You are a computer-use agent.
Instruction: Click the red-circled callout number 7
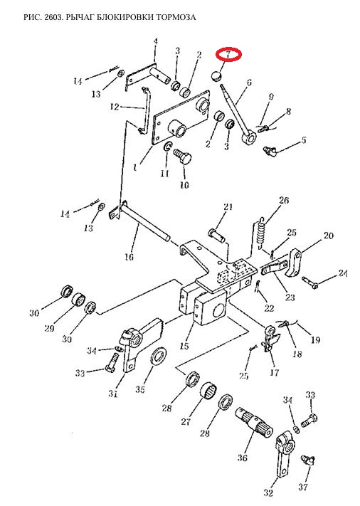point(228,54)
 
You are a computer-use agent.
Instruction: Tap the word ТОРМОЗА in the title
point(176,17)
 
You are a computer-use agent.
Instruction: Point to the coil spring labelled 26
point(261,233)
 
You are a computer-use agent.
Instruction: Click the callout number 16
point(129,257)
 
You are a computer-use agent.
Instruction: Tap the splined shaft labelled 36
point(254,422)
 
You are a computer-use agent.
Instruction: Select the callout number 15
point(184,346)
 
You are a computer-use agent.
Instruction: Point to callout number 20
point(328,236)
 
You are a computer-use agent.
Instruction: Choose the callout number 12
point(115,107)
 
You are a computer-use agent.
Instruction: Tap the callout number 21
point(228,206)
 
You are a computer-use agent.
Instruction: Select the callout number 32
point(268,492)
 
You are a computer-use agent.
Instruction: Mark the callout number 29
point(49,329)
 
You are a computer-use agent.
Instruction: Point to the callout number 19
point(315,339)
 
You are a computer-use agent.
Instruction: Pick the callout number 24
point(343,274)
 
